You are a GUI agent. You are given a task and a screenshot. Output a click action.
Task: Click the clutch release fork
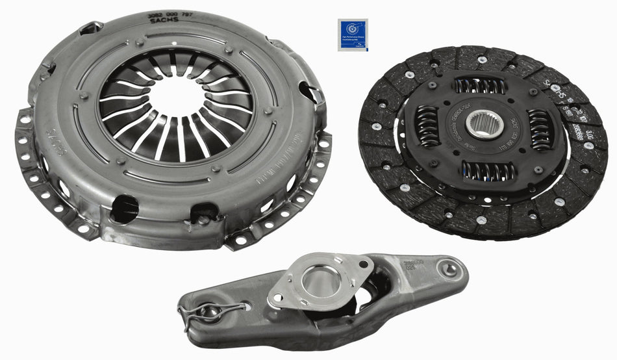click(x=325, y=299)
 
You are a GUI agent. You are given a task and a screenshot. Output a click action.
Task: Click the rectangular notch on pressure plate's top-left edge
click(x=90, y=28)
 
